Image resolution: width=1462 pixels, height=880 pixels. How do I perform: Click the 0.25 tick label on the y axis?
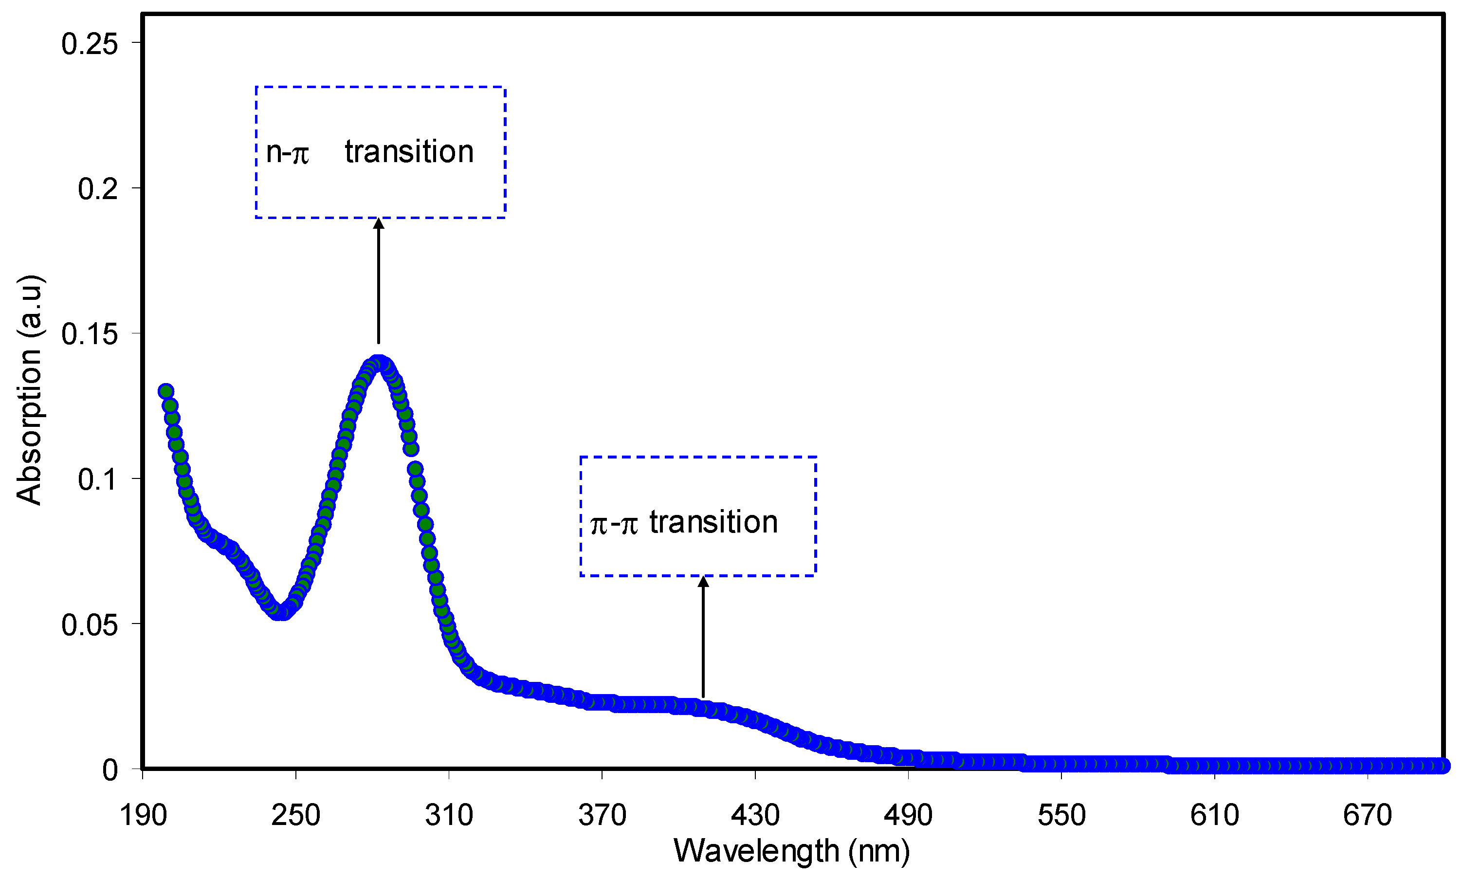pyautogui.click(x=90, y=44)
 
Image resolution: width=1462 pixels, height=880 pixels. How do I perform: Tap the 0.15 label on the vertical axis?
pyautogui.click(x=90, y=334)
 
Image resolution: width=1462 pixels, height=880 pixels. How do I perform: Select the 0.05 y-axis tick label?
pyautogui.click(x=90, y=625)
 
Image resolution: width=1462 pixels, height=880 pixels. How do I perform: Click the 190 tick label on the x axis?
pyautogui.click(x=143, y=815)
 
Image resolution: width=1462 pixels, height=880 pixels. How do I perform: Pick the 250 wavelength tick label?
pyautogui.click(x=295, y=815)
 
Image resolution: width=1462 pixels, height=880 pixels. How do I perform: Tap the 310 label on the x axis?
pyautogui.click(x=449, y=815)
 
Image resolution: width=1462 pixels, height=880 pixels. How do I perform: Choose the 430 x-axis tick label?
pyautogui.click(x=755, y=815)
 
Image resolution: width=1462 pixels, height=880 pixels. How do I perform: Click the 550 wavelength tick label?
pyautogui.click(x=1061, y=815)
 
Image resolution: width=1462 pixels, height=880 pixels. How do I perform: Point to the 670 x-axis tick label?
pyautogui.click(x=1367, y=815)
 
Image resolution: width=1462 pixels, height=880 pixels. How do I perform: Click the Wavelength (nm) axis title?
pyautogui.click(x=791, y=851)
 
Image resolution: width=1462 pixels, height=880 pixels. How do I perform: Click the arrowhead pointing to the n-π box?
pyautogui.click(x=379, y=223)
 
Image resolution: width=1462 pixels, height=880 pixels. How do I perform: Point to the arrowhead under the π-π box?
pyautogui.click(x=703, y=582)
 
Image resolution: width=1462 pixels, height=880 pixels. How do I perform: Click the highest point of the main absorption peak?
pyautogui.click(x=378, y=362)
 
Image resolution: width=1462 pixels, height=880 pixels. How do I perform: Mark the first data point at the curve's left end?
pyautogui.click(x=166, y=391)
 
